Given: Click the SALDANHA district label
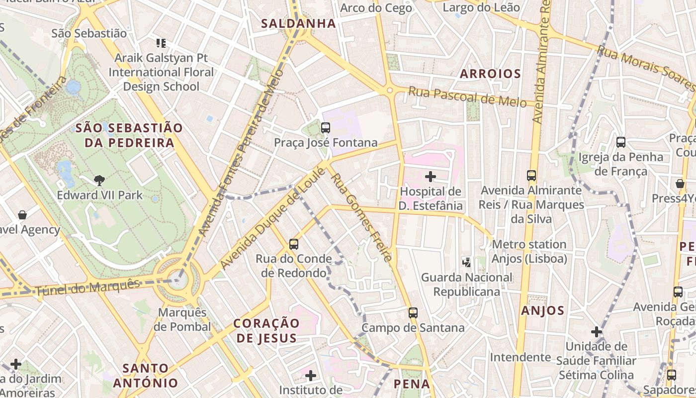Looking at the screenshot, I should click(x=298, y=23).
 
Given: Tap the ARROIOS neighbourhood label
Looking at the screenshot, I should click(x=490, y=74).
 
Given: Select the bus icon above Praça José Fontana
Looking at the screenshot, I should click(x=326, y=128).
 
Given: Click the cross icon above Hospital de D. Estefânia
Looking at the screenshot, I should click(x=431, y=176).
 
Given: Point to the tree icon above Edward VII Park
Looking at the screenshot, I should click(x=99, y=181).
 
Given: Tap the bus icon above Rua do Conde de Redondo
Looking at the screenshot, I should click(x=294, y=244).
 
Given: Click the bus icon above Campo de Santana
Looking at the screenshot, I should click(x=413, y=313).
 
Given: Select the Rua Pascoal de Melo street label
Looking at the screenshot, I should click(x=467, y=97).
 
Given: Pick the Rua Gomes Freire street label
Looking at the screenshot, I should click(x=361, y=217).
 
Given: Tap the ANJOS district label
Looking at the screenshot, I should click(x=543, y=311).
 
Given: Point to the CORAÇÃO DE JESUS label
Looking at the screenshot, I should click(x=266, y=330).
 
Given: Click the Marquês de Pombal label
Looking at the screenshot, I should click(x=182, y=319).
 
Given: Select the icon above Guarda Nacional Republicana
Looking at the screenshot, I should click(x=466, y=262).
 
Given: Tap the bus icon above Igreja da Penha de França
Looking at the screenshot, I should click(x=621, y=142).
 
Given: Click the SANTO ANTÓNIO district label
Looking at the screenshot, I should click(x=145, y=376).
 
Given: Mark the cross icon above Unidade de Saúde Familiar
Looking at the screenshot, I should click(x=597, y=332).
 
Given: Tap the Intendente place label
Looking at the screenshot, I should click(x=520, y=357).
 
